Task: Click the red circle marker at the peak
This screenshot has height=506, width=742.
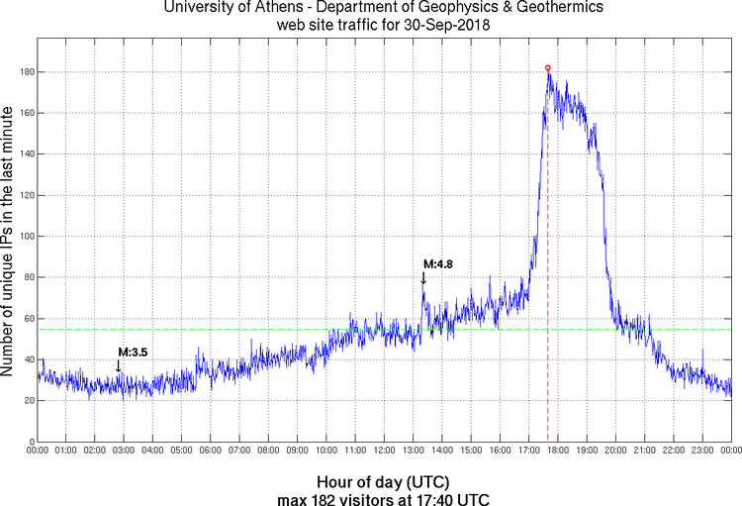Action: [548, 68]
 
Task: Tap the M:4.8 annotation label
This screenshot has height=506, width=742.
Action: [438, 264]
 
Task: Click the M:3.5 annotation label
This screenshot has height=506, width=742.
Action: [133, 352]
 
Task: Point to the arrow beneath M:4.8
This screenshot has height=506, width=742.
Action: [423, 279]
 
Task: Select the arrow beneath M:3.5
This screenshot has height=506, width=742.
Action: [118, 365]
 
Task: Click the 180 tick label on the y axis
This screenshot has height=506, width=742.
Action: [24, 72]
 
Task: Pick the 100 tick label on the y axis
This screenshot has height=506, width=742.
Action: [24, 237]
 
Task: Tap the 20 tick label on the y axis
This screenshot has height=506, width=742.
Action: [27, 400]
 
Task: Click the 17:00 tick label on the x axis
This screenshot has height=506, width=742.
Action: [528, 451]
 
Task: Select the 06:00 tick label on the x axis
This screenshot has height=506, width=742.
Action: [211, 451]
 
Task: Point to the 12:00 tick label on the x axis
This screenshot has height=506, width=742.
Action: [384, 451]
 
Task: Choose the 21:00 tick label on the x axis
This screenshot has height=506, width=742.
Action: [644, 451]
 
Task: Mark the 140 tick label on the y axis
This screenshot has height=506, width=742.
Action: [24, 154]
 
